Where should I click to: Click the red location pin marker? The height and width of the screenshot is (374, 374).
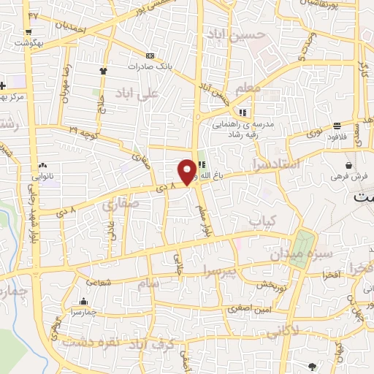(188, 171)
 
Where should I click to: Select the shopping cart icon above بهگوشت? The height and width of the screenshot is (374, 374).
(28, 31)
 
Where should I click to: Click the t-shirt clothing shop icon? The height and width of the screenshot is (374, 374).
(103, 71)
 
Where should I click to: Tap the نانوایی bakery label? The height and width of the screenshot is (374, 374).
(42, 176)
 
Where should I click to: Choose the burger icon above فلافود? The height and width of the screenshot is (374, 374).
(337, 126)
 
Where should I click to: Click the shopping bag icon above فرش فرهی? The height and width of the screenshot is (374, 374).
(351, 165)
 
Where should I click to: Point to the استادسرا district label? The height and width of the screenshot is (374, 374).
(275, 164)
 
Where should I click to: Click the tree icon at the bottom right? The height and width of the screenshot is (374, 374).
(313, 366)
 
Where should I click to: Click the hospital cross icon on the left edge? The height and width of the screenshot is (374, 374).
(3, 85)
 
